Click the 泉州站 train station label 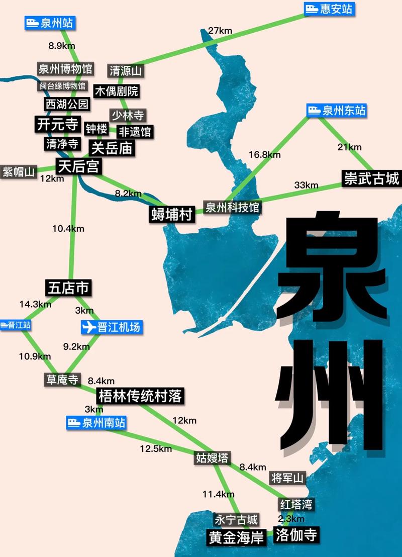(51, 23)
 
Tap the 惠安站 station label (330, 9)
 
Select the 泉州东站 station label (337, 111)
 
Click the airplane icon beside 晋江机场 (88, 327)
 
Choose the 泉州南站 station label (96, 423)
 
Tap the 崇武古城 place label (371, 178)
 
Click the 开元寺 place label (58, 124)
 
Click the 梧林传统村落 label (140, 396)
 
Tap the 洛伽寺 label (296, 535)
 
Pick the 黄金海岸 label (236, 538)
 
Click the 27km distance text (220, 31)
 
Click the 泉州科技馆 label (233, 207)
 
